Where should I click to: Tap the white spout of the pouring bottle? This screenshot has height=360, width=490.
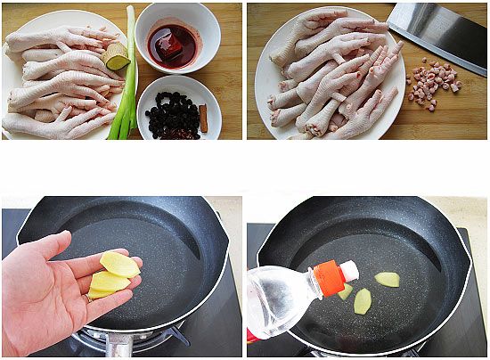[349, 270]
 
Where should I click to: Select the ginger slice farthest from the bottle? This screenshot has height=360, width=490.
[387, 279]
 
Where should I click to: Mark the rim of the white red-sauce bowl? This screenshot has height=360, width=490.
[178, 9]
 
